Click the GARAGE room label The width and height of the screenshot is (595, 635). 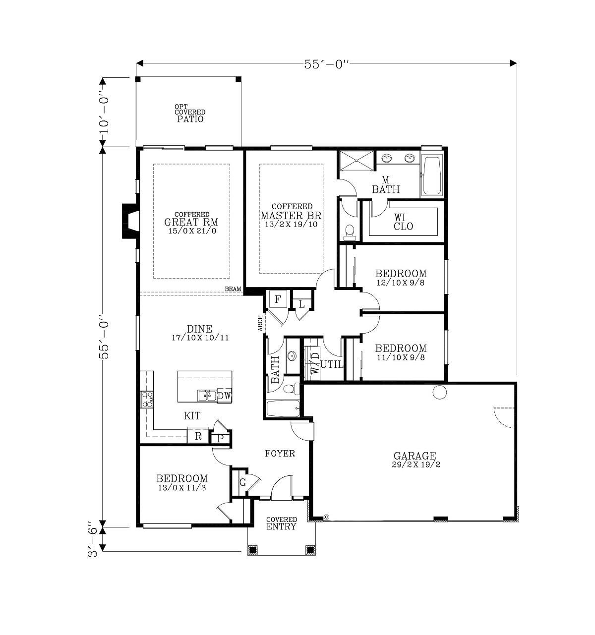(415, 456)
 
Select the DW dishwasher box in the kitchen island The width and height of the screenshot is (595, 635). (224, 396)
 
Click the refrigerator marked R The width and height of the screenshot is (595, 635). (198, 436)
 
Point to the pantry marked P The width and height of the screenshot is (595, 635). (220, 438)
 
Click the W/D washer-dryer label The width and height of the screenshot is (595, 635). (315, 362)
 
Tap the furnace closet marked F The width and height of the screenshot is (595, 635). (278, 299)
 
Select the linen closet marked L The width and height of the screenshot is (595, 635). (301, 304)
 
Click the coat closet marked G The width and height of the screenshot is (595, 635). (243, 482)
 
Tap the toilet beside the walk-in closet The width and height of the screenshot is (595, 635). (350, 232)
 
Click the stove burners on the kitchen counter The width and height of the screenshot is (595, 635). (147, 400)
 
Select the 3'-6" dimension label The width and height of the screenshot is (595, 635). (92, 540)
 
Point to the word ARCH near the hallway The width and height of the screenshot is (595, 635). (260, 323)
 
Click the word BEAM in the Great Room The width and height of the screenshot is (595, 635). (233, 289)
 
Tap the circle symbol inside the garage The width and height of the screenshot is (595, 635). (439, 392)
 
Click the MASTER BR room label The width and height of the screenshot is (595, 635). (291, 216)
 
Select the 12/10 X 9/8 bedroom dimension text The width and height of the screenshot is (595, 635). (401, 283)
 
